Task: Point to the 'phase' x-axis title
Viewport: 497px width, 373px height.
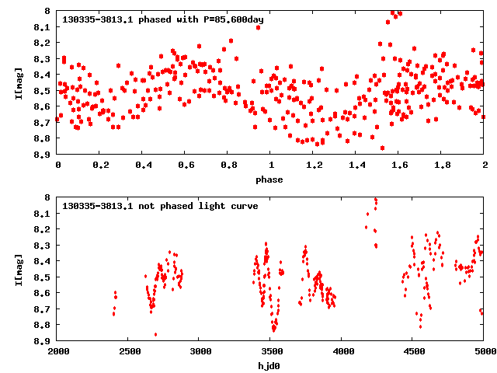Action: [x=270, y=180]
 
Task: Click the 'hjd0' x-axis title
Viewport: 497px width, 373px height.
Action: [x=270, y=364]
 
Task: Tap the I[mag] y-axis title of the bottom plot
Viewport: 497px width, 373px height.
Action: [x=17, y=269]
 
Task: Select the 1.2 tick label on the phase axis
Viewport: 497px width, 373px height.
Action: [x=314, y=166]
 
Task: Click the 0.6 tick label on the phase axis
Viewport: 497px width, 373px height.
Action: [x=186, y=166]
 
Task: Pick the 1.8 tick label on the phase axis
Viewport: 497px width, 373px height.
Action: [x=442, y=166]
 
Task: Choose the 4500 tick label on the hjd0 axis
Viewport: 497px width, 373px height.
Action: [x=413, y=351]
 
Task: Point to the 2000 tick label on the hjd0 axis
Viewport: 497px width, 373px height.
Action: [x=58, y=351]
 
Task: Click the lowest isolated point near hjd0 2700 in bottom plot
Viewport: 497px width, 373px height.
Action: [x=155, y=334]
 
